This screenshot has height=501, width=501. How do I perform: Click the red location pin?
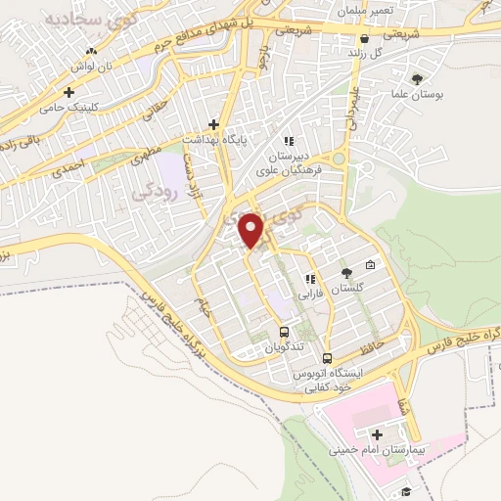point(252,230)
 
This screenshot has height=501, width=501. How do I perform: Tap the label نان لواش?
point(93,67)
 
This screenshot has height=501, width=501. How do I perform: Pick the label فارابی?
point(311,292)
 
